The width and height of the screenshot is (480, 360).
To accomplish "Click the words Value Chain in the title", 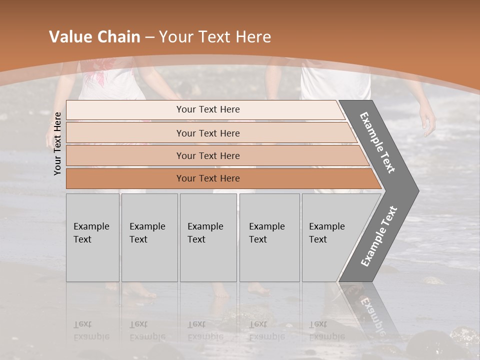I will [94, 37].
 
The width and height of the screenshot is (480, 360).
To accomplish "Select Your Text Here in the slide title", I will [215, 37].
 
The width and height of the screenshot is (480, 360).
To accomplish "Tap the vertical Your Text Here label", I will [57, 143].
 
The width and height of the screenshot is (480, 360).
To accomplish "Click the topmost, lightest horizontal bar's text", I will [208, 109].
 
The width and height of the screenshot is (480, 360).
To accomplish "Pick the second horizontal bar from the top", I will [208, 133].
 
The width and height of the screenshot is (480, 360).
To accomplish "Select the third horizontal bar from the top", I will [208, 155].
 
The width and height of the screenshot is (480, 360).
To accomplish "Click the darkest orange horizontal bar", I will [208, 178].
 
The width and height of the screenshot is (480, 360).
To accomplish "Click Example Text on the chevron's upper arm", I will [378, 142].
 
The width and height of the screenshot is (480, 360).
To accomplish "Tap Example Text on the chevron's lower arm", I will [379, 236].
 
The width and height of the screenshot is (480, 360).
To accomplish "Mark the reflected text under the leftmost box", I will [91, 330].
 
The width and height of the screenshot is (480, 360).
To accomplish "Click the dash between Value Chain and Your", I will [149, 37].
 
